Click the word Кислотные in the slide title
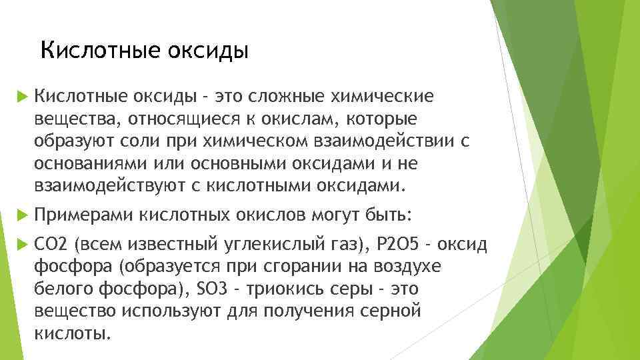pos(88,50)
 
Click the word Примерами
pos(84,215)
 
